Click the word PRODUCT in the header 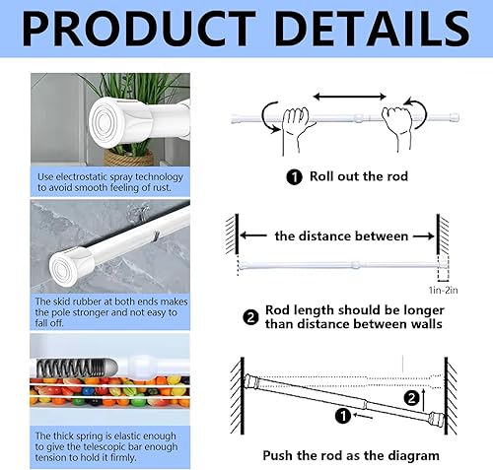tap(139, 29)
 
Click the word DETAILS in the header tap(373, 29)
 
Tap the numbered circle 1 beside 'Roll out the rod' tap(294, 177)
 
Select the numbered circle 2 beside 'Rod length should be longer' tap(250, 317)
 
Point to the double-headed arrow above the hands tap(350, 97)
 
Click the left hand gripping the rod tap(296, 128)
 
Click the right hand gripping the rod tap(397, 126)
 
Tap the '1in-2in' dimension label tap(443, 291)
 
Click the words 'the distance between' tap(341, 236)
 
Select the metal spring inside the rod tap(71, 367)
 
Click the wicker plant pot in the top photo tap(129, 158)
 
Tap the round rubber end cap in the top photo tap(106, 122)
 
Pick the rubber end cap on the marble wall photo tap(66, 268)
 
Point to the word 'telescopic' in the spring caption tap(113, 447)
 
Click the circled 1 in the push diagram tap(343, 416)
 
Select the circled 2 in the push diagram tap(411, 398)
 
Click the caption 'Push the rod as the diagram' tap(351, 456)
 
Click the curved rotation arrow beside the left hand tap(269, 117)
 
